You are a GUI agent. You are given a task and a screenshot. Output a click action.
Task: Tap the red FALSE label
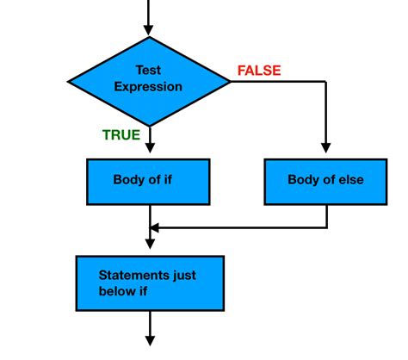point(259,71)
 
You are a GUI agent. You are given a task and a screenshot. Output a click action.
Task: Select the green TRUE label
point(121,134)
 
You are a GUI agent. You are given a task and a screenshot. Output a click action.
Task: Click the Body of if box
point(149,181)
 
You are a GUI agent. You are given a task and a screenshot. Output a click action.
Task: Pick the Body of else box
point(325,181)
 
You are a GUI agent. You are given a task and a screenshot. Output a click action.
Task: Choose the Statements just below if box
point(149,282)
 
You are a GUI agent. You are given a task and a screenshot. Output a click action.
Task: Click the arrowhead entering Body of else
point(325,151)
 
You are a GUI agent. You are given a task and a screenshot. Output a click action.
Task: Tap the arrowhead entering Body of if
point(149,151)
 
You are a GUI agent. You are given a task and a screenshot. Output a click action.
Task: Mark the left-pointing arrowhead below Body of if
point(155,228)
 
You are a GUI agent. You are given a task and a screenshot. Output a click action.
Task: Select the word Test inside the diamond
point(149,71)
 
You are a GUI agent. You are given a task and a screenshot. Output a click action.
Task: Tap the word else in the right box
point(349,181)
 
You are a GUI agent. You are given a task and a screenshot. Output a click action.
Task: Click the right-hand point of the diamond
point(229,81)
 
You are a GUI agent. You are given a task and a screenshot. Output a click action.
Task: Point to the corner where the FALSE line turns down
point(325,81)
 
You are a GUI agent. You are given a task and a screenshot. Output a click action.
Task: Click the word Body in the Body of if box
point(127,180)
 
